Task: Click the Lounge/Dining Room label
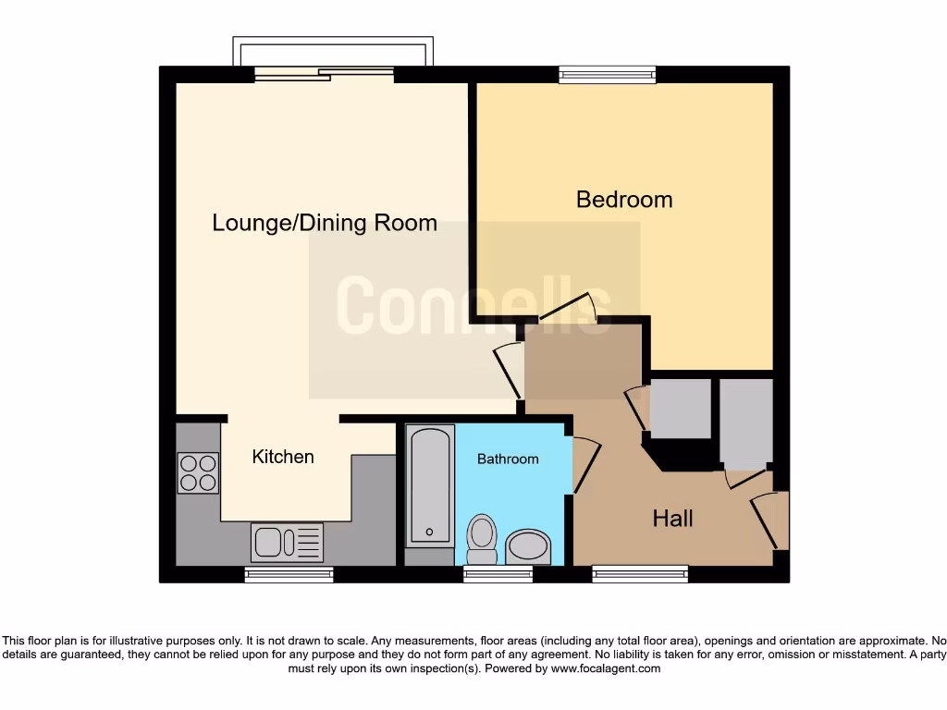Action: pyautogui.click(x=325, y=223)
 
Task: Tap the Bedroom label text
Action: pyautogui.click(x=624, y=199)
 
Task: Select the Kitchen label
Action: pyautogui.click(x=283, y=457)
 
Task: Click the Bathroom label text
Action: pyautogui.click(x=508, y=459)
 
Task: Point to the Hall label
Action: pyautogui.click(x=672, y=519)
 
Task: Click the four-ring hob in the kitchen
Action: pyautogui.click(x=198, y=472)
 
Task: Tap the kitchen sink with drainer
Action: pyautogui.click(x=287, y=542)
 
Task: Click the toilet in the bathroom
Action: pyautogui.click(x=482, y=539)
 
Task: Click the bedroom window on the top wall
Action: pyautogui.click(x=608, y=75)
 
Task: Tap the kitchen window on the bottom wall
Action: pyautogui.click(x=289, y=574)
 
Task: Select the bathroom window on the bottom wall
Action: pyautogui.click(x=498, y=574)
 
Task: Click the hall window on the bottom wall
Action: pyautogui.click(x=640, y=574)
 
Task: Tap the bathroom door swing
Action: pyautogui.click(x=585, y=463)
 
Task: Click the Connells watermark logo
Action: pyautogui.click(x=473, y=304)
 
